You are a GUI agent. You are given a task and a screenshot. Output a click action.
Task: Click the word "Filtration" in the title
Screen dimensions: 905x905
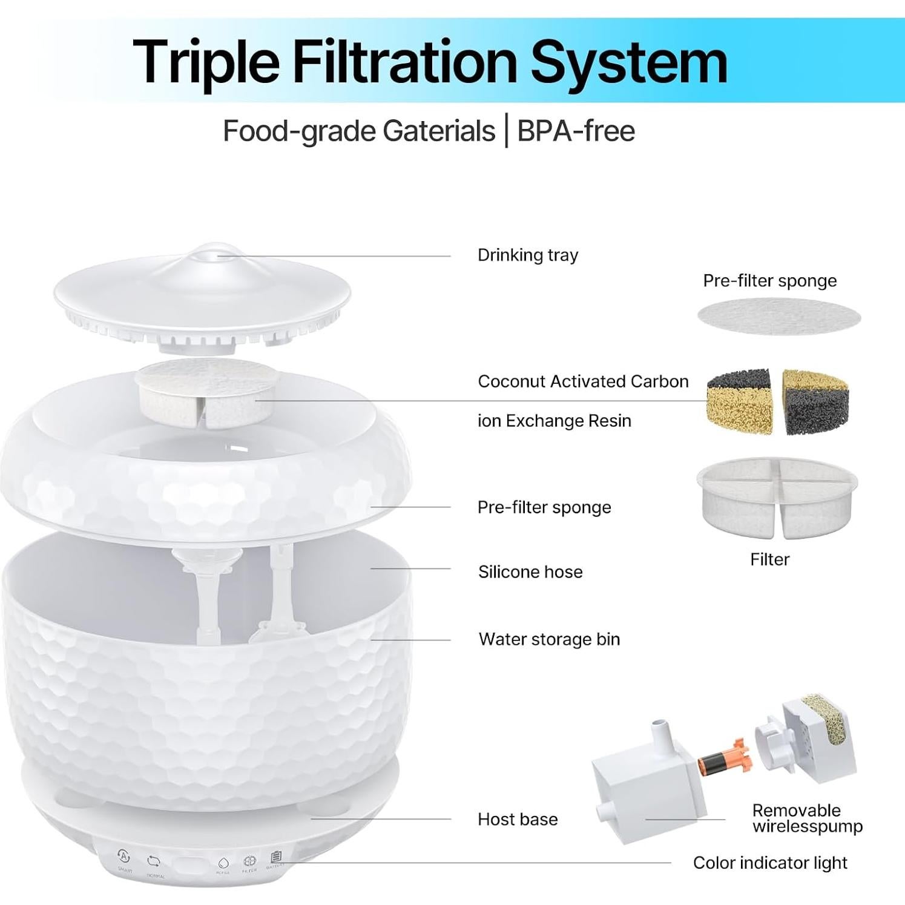tap(404, 62)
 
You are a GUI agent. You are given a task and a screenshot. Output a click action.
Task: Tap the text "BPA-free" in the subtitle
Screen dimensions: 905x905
tap(576, 131)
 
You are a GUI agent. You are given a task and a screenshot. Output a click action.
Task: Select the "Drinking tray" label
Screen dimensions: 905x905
tap(527, 255)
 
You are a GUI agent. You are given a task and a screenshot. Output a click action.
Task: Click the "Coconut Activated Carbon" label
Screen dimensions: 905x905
tap(583, 381)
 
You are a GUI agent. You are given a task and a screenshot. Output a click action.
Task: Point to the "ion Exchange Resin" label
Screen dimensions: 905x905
tap(554, 421)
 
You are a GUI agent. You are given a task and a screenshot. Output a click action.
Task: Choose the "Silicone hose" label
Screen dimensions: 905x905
tap(530, 572)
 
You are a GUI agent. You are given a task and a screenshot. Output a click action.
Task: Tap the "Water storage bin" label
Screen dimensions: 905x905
tap(549, 639)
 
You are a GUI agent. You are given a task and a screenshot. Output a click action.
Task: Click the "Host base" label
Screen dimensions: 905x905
tap(518, 819)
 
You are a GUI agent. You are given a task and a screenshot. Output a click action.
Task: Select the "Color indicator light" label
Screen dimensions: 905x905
tap(769, 863)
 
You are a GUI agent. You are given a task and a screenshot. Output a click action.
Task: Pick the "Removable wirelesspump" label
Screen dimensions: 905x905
tap(807, 818)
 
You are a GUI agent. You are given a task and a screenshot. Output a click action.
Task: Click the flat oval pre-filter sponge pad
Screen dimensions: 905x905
tap(778, 317)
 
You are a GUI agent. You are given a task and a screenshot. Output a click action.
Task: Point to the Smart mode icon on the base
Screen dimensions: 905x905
tap(123, 857)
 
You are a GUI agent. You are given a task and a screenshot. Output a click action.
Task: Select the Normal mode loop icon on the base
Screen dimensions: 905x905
tap(154, 861)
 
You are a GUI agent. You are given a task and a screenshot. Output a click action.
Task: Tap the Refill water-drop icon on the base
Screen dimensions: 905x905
tap(223, 862)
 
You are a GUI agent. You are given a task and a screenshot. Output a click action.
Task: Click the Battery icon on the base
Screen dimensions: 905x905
tap(276, 857)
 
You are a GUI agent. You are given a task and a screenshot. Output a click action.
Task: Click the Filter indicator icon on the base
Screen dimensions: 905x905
tap(249, 861)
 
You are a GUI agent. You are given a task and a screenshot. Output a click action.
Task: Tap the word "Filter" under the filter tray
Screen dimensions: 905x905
tap(769, 559)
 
